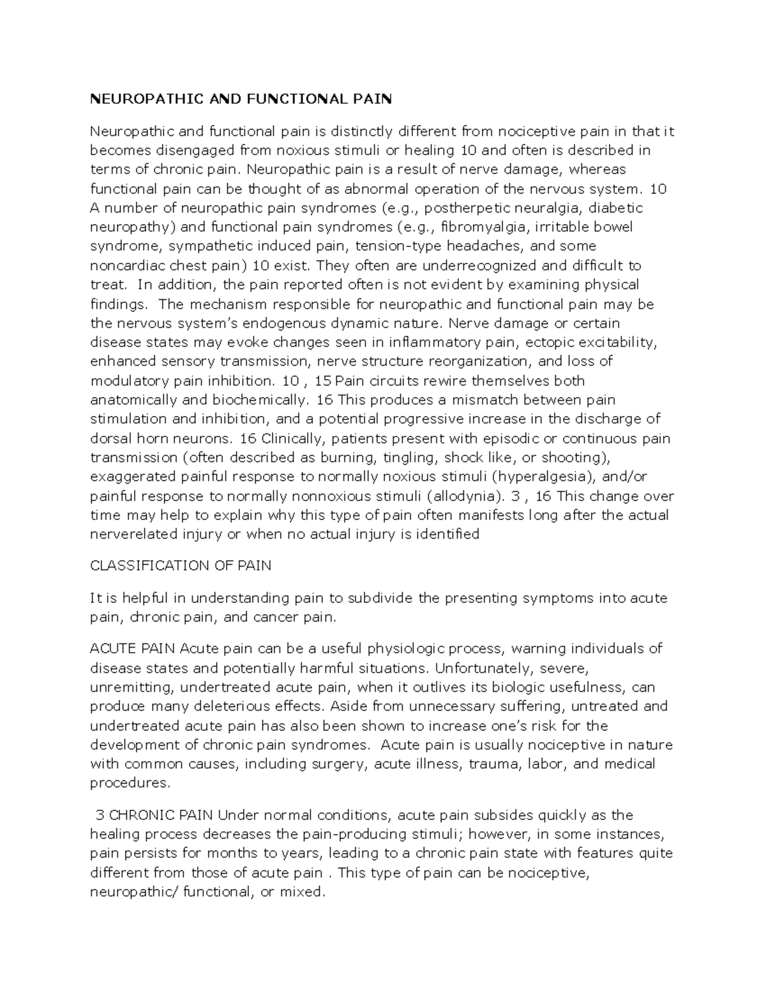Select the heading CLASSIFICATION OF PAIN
[181, 565]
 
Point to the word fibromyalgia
[485, 227]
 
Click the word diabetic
[615, 208]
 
